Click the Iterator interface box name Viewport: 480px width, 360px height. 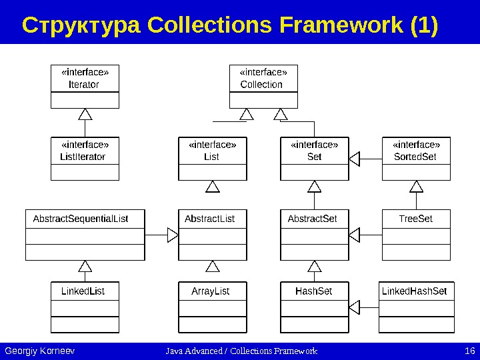coord(84,85)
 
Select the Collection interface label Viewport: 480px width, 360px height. coord(261,85)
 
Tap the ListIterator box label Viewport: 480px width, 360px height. coord(83,157)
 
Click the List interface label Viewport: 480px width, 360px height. coord(211,157)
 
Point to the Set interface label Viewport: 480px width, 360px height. coord(314,157)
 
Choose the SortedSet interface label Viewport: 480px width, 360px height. coord(415,157)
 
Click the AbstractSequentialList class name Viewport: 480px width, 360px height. coord(81,219)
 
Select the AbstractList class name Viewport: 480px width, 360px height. coord(209,219)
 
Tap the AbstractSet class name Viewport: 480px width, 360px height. coord(312,219)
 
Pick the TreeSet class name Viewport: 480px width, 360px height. coord(416,219)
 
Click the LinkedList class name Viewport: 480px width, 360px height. coord(83,291)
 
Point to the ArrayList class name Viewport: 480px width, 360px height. coord(211,291)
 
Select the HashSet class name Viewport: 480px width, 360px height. coord(313,291)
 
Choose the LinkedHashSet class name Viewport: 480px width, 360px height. coord(414,291)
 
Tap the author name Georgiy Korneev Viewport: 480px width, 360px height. coord(39,351)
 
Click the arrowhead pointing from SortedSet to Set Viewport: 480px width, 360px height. coord(355,159)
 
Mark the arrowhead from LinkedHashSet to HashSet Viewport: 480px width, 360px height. coord(355,307)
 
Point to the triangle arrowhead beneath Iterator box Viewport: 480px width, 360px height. coord(85,114)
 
